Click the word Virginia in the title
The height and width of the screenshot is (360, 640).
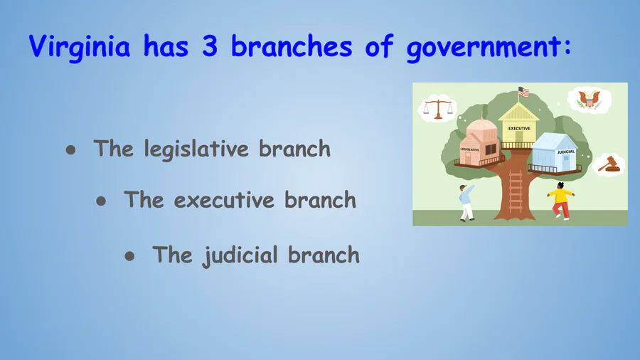pos(80,47)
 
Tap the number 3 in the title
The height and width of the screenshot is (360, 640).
pos(209,46)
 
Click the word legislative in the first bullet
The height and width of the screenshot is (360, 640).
pos(196,149)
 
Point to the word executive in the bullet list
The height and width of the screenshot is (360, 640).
pos(224,200)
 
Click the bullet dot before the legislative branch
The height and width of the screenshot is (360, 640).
pos(70,150)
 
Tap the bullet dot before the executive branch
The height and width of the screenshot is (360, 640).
pos(101,201)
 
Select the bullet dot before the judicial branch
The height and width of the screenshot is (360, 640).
pos(129,256)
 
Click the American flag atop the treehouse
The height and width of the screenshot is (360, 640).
pos(523,92)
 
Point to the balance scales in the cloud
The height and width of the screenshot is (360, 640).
pos(438,109)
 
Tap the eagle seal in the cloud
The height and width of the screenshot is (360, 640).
pos(589,100)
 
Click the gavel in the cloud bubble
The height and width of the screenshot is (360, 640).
pos(609,164)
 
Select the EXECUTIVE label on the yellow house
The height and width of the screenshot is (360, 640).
pos(519,129)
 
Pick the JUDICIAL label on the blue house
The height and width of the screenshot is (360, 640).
pos(566,152)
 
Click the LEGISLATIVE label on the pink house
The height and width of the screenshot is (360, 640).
pos(470,150)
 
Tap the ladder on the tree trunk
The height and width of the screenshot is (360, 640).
pos(516,191)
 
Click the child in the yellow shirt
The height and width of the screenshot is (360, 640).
pos(561,201)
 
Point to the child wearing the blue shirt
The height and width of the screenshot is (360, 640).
pos(466,203)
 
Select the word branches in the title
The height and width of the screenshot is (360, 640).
pos(292,46)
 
